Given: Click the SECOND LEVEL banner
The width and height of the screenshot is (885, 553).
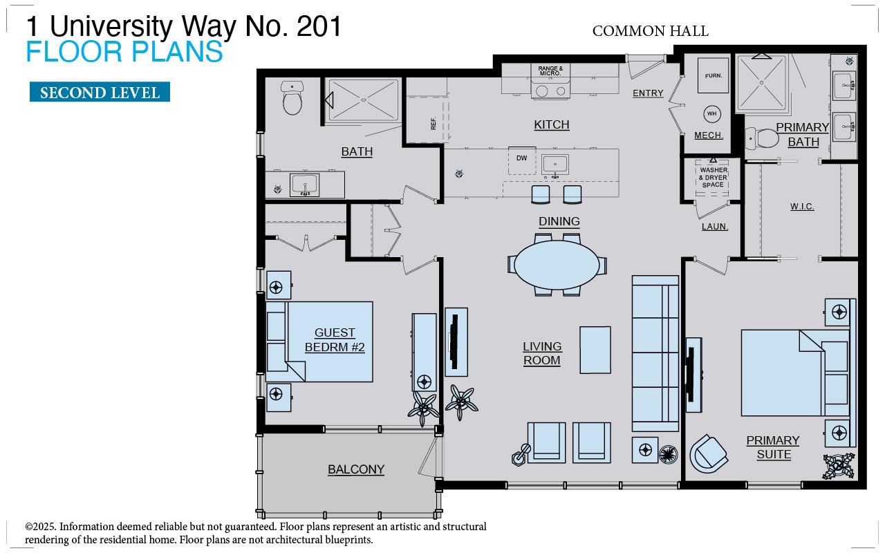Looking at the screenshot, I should coord(100,93).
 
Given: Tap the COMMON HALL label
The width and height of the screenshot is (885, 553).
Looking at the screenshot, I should coord(650,31).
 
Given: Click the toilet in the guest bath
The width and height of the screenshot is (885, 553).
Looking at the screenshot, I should coord(292,100).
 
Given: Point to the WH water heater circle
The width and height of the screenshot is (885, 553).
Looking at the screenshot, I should coord(712,113).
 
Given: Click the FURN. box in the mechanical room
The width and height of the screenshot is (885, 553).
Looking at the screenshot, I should coord(713,77).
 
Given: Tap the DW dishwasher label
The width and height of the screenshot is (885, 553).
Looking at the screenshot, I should coord(522,158).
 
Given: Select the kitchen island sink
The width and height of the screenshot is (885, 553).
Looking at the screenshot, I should coord(555,164).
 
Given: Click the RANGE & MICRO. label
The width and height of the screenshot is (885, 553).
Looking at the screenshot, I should coord(550,71).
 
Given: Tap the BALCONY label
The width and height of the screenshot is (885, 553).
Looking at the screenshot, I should coord(356,469).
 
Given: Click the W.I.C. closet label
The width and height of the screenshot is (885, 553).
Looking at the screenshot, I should coord(802,207).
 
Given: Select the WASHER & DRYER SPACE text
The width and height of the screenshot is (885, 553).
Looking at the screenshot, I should coord(713,177).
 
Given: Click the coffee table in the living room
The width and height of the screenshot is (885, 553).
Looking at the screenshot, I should coord(595,350).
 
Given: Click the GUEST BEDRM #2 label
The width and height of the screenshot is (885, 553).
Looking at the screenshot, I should coord(335,340).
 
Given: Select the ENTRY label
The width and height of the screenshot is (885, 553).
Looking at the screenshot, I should coord(648,93).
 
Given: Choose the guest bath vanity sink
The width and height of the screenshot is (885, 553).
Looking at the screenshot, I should coord(304,185).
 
